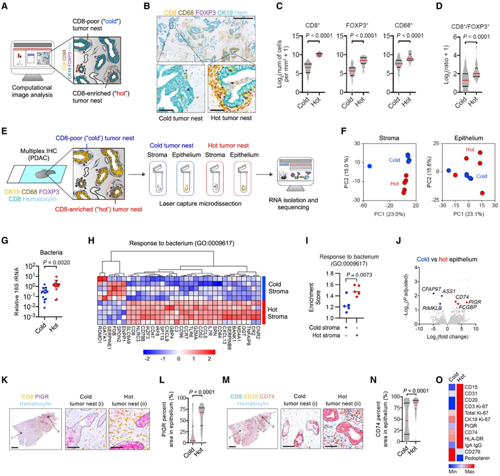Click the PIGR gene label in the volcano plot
click(x=475, y=301)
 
